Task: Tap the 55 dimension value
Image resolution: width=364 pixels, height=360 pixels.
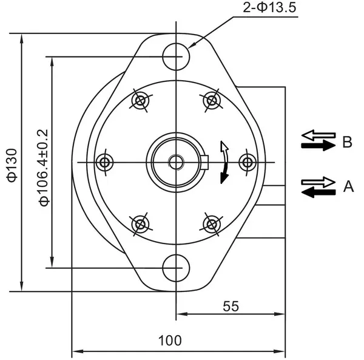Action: click(231, 306)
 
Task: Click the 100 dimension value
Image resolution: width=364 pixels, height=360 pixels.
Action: click(169, 340)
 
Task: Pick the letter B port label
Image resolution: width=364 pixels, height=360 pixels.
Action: click(347, 142)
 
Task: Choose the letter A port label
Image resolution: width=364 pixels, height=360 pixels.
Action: click(348, 186)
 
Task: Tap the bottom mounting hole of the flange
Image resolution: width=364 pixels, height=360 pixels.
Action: click(177, 267)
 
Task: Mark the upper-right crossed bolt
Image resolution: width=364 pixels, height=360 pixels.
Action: click(211, 100)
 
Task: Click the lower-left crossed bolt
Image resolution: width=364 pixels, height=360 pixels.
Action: click(141, 223)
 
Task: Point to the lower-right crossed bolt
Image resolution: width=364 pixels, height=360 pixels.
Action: click(211, 223)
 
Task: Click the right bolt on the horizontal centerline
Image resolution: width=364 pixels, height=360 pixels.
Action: click(247, 161)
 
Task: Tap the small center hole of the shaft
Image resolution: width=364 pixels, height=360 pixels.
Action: click(177, 161)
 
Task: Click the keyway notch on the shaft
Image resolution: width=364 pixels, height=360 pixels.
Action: click(205, 161)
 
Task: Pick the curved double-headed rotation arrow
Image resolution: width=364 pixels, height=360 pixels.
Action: click(224, 161)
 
